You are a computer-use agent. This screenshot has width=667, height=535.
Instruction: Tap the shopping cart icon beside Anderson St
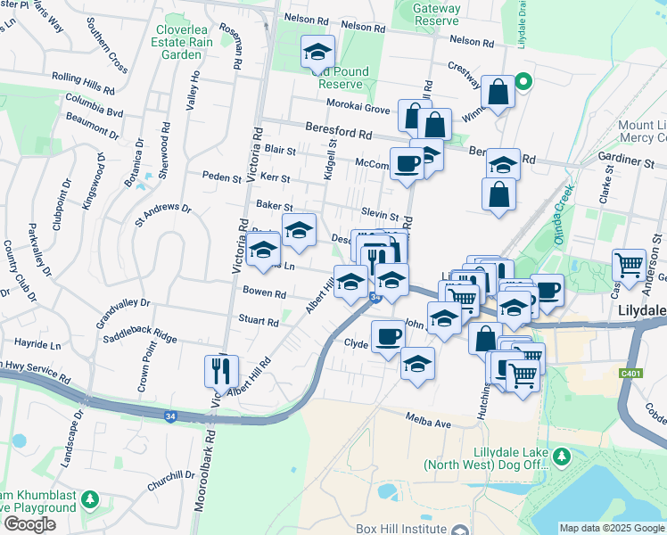pos(629,263)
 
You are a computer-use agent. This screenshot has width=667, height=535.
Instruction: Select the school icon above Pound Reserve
pos(317,53)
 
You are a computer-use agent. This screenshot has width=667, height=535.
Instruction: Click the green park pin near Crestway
pos(524,84)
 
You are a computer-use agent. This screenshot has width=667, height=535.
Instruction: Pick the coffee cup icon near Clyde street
pos(388,336)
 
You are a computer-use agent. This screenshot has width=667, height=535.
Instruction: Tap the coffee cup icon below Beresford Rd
pos(408,163)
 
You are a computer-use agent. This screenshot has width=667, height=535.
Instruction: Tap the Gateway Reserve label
pos(436,13)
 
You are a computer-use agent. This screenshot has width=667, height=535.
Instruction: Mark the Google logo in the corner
pos(29,523)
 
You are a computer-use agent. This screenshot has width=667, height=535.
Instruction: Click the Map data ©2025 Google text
pos(611,528)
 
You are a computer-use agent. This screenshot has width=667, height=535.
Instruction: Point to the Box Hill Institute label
pos(399,528)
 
